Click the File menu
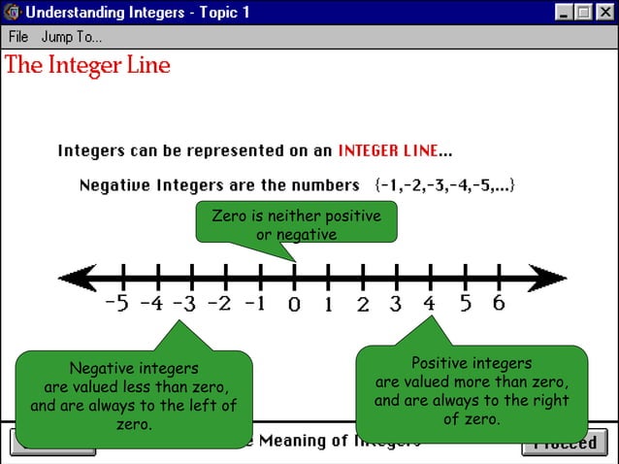coord(18,38)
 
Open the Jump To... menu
coord(72,38)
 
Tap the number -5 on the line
coord(115,304)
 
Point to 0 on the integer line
coord(294,305)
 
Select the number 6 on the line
coord(499,303)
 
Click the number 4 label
coord(429,304)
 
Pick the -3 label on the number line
coord(185,304)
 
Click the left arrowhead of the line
coord(79,278)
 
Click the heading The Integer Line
coord(87,66)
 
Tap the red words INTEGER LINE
coord(388,151)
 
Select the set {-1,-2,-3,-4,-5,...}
coord(444,184)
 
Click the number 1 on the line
coord(328,305)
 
